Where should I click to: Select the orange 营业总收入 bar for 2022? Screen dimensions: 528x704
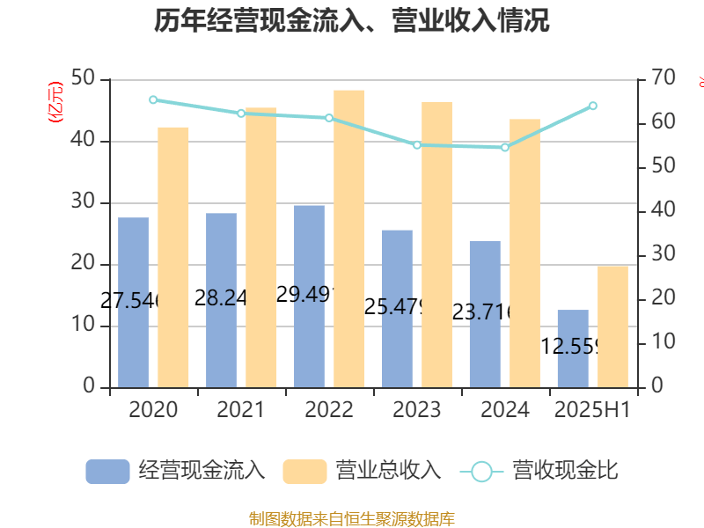pyautogui.click(x=349, y=238)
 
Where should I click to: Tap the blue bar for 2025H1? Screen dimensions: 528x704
pyautogui.click(x=573, y=348)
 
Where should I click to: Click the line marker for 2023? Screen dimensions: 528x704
pyautogui.click(x=417, y=144)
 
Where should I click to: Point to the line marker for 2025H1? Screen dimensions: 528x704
pyautogui.click(x=593, y=106)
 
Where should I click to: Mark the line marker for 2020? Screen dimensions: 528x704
pyautogui.click(x=153, y=99)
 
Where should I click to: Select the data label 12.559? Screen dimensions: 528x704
pyautogui.click(x=572, y=346)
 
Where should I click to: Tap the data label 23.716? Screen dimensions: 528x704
pyautogui.click(x=484, y=312)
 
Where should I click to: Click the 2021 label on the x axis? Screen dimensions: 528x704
pyautogui.click(x=241, y=410)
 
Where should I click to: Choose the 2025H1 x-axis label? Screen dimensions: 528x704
pyautogui.click(x=591, y=410)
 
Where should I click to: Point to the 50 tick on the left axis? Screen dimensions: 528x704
pyautogui.click(x=84, y=79)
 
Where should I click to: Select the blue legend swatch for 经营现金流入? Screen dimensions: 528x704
pyautogui.click(x=107, y=471)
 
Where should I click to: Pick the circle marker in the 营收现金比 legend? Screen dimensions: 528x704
pyautogui.click(x=481, y=471)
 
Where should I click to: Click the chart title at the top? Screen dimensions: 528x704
pyautogui.click(x=352, y=21)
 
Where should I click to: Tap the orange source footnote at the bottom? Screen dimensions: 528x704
pyautogui.click(x=352, y=518)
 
